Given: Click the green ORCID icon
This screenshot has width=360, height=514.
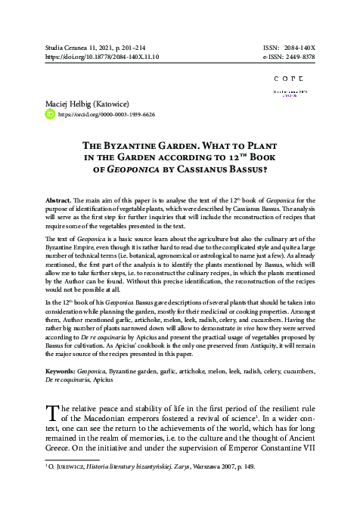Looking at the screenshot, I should [51, 115].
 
